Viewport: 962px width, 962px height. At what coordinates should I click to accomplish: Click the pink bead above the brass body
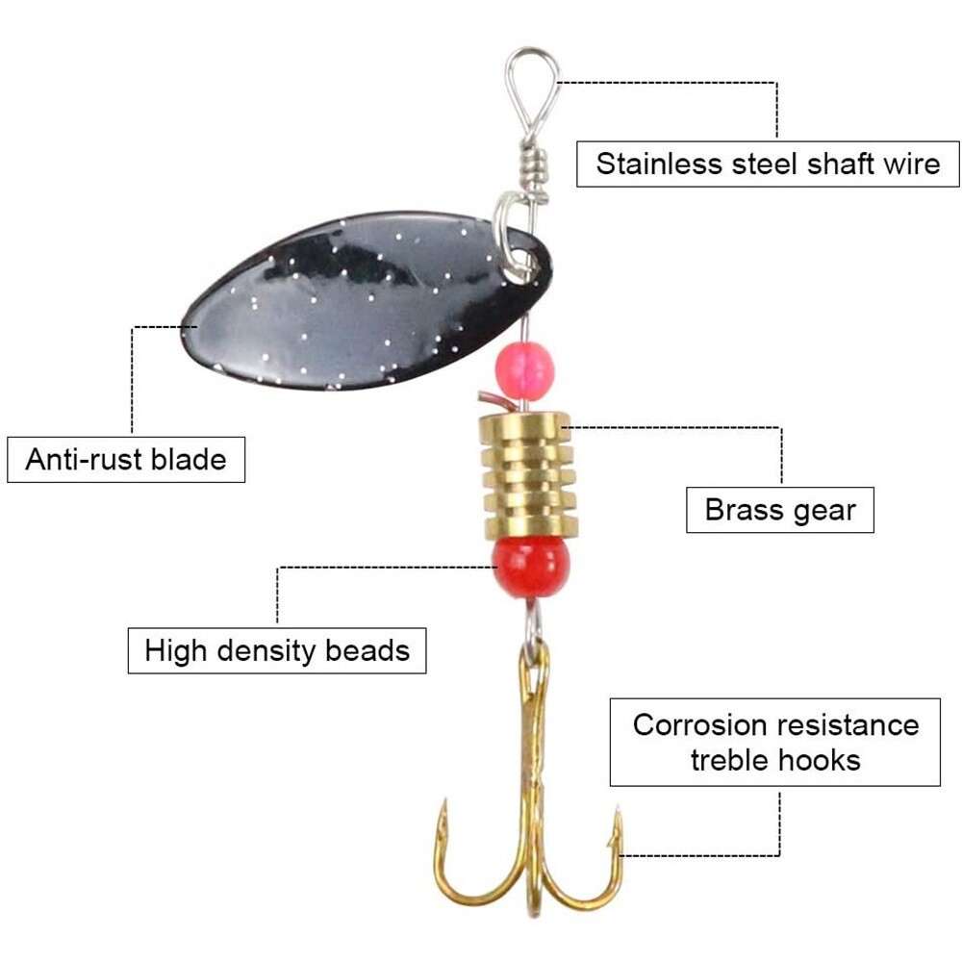pyautogui.click(x=524, y=371)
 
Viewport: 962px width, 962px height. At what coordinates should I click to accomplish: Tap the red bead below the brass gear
pyautogui.click(x=531, y=566)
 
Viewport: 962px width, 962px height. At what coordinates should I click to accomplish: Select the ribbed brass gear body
pyautogui.click(x=528, y=475)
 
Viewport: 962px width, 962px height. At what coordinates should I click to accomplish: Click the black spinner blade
pyautogui.click(x=367, y=300)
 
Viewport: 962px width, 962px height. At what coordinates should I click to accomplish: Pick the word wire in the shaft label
pyautogui.click(x=911, y=164)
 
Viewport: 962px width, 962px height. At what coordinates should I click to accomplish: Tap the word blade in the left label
pyautogui.click(x=189, y=460)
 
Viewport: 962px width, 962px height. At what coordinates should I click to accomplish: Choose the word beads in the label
pyautogui.click(x=367, y=650)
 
